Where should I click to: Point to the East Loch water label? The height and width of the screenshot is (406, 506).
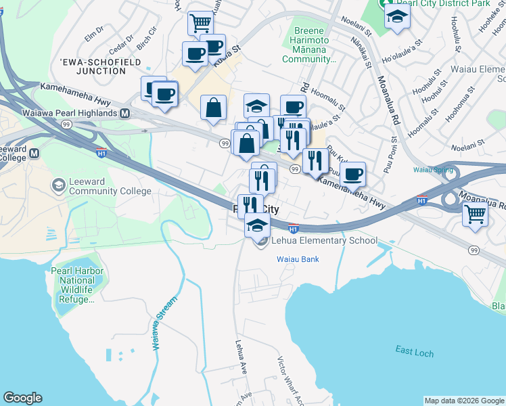coord(415,350)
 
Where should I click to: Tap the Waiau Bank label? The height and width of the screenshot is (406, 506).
coord(297,259)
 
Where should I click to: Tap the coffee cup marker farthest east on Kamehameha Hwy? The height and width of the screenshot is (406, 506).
coord(352,175)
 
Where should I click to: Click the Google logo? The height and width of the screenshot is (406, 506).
coord(23,398)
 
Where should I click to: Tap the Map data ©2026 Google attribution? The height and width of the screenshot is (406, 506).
coord(463,401)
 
